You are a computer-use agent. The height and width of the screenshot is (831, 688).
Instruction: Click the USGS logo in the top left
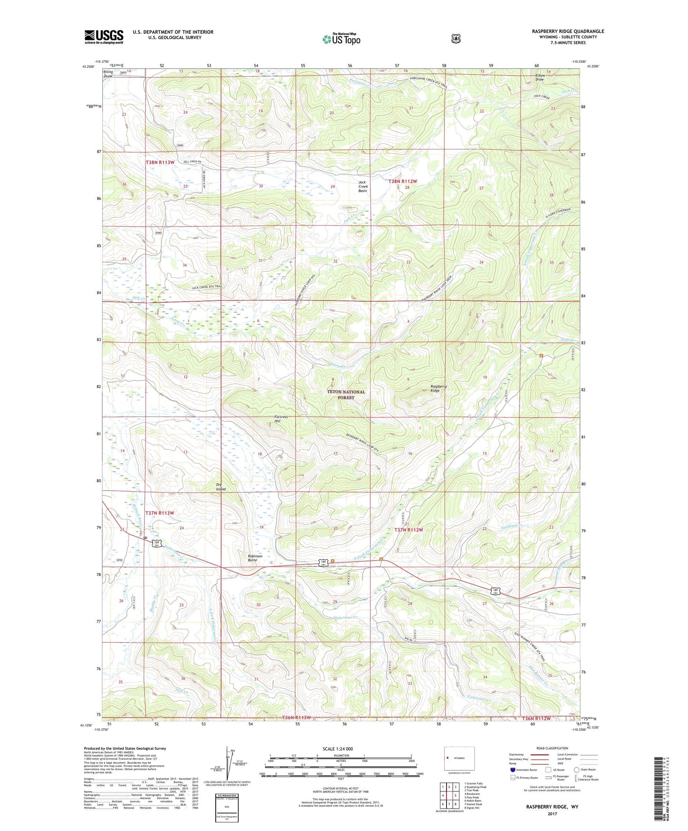104,37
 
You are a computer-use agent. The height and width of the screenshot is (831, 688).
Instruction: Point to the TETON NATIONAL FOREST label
346,395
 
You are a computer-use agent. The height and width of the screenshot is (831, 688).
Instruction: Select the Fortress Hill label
281,419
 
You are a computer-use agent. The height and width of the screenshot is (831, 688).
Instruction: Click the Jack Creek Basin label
363,186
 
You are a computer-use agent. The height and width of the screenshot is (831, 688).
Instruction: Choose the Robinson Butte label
255,558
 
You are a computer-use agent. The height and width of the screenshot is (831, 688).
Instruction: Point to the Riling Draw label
108,74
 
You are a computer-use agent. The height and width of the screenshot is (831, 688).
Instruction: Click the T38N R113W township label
160,162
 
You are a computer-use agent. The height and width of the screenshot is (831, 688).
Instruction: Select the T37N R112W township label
409,530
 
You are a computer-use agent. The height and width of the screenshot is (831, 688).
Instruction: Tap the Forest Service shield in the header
456,38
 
